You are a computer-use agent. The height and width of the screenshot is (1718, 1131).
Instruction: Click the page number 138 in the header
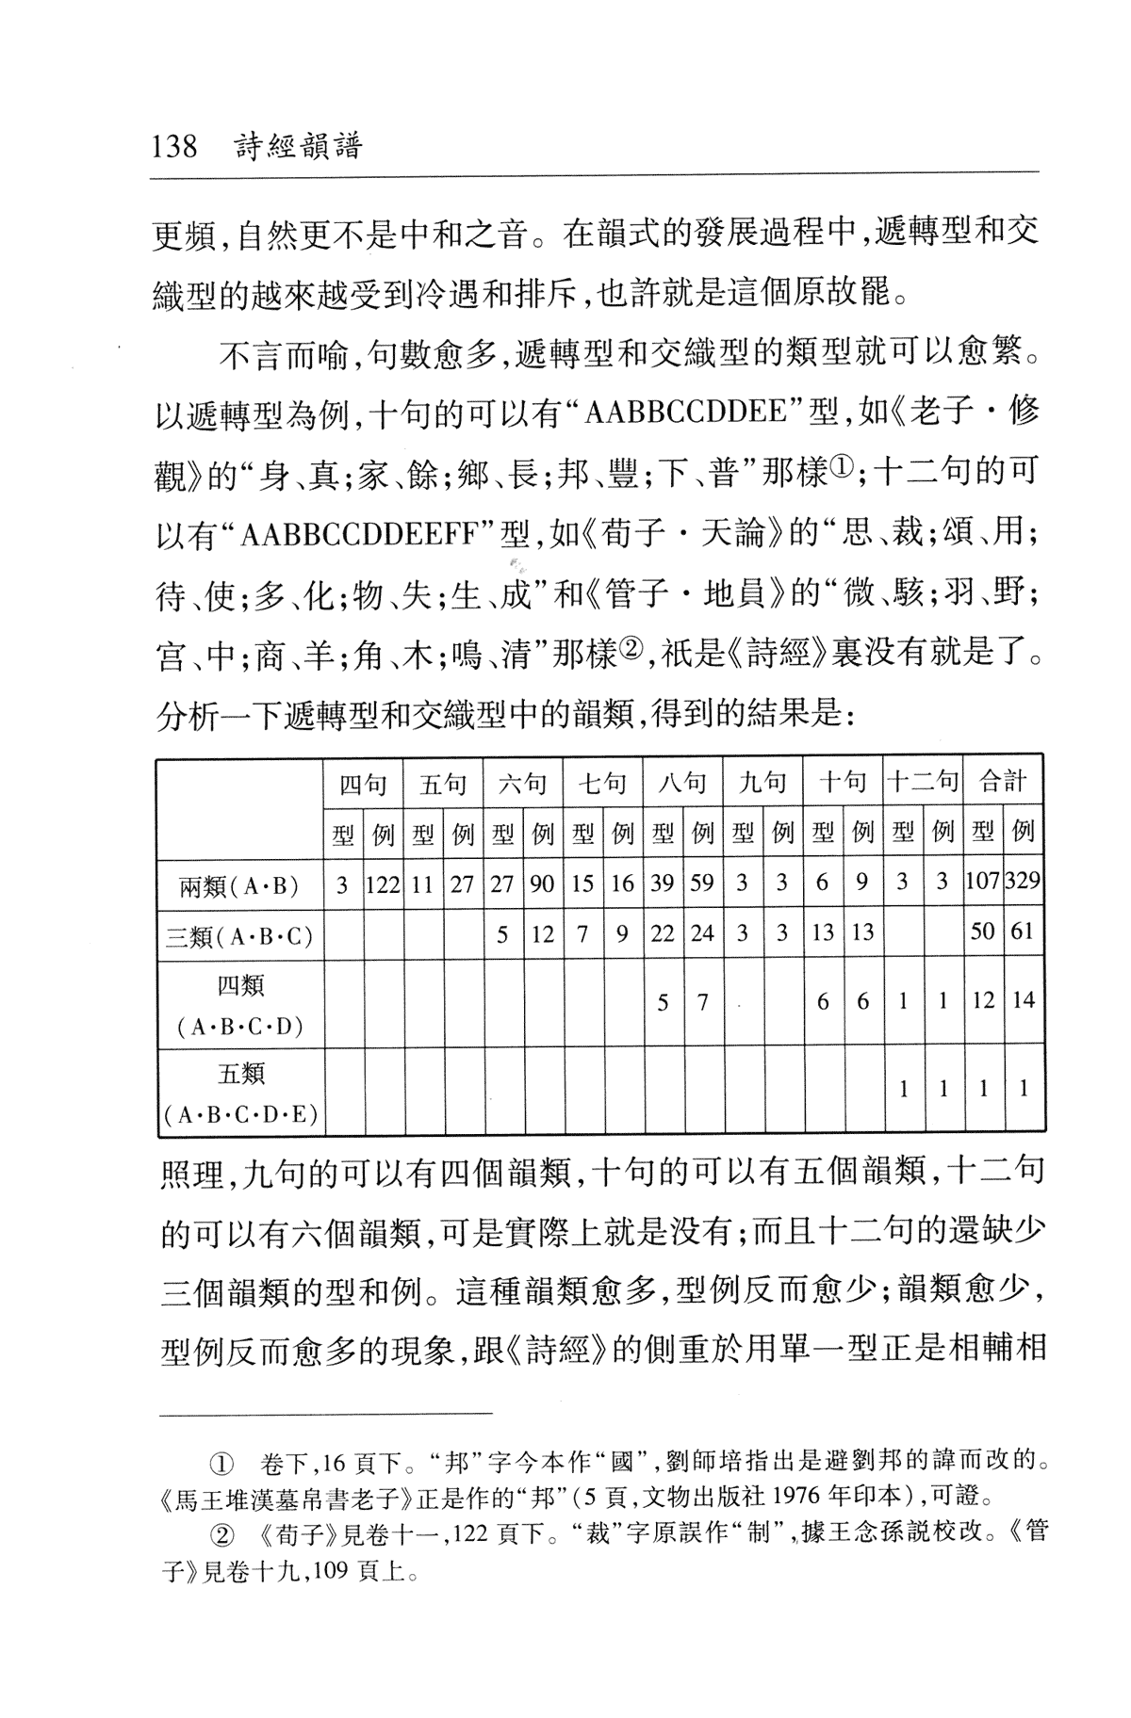(x=174, y=147)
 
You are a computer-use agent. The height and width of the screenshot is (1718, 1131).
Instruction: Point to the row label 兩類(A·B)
(x=239, y=884)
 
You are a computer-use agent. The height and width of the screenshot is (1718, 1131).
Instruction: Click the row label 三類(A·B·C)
(x=239, y=934)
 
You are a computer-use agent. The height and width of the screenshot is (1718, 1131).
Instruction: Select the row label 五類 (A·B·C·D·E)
(x=239, y=1093)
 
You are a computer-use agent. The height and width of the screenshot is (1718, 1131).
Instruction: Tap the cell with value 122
(x=384, y=884)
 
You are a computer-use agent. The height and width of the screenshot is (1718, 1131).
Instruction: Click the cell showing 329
(x=1023, y=884)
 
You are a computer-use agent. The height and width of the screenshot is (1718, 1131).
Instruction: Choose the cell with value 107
(x=983, y=884)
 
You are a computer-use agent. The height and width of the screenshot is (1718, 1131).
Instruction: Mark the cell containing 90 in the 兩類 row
(x=543, y=884)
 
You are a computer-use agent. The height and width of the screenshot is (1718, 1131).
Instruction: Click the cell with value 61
(x=1023, y=932)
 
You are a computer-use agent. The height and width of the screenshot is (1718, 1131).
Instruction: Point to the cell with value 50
(x=983, y=932)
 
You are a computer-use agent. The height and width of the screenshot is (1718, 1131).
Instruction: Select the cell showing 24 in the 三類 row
(x=702, y=932)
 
